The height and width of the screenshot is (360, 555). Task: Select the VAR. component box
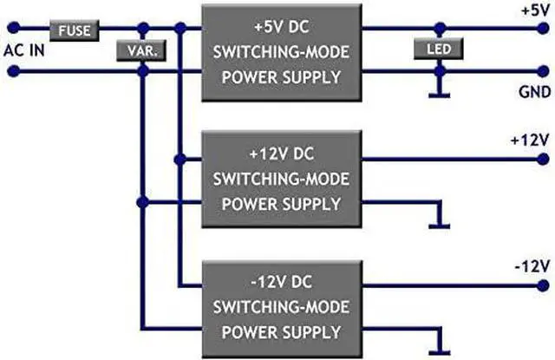(141, 51)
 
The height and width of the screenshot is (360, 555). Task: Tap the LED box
(440, 49)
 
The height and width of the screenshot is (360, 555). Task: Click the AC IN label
(25, 49)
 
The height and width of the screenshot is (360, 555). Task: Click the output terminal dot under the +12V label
(542, 160)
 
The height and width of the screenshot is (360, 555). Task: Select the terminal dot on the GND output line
(542, 72)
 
